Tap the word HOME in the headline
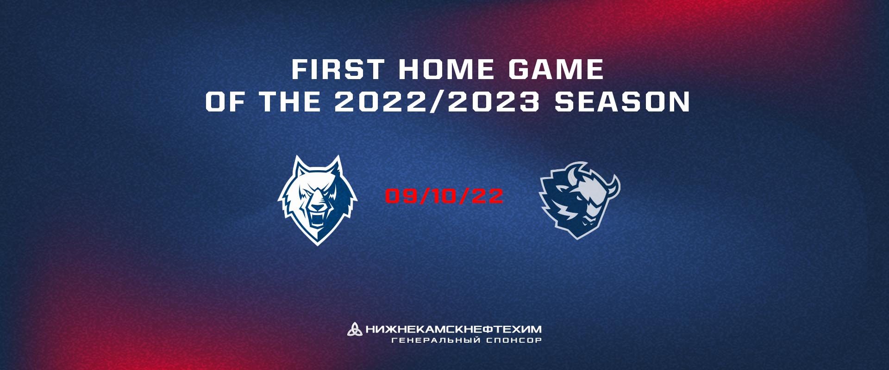tap(446, 69)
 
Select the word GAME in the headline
tap(556, 69)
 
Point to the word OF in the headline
tap(225, 102)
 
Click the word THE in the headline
tap(290, 102)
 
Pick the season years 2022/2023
tap(437, 102)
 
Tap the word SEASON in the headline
tap(622, 102)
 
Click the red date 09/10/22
tap(444, 196)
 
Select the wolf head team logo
tap(318, 200)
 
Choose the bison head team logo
tap(580, 200)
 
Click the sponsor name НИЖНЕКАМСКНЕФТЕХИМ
tap(453, 329)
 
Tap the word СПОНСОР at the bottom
tap(514, 340)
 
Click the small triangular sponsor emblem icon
tap(355, 329)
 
